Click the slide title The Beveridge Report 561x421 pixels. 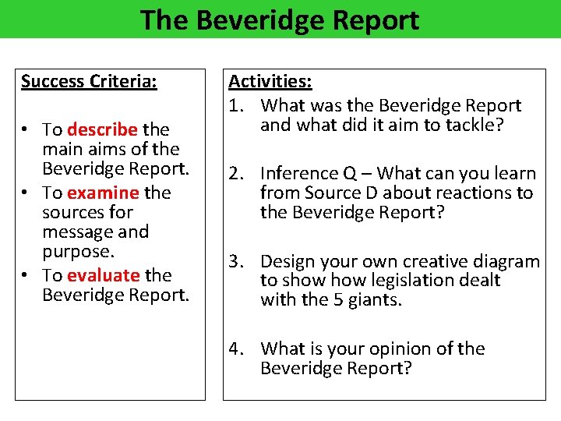[280, 19]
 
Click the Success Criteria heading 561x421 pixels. [89, 82]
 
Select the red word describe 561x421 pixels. [103, 129]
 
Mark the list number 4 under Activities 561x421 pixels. [235, 348]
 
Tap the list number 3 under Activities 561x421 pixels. [235, 261]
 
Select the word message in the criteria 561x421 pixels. [76, 232]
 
